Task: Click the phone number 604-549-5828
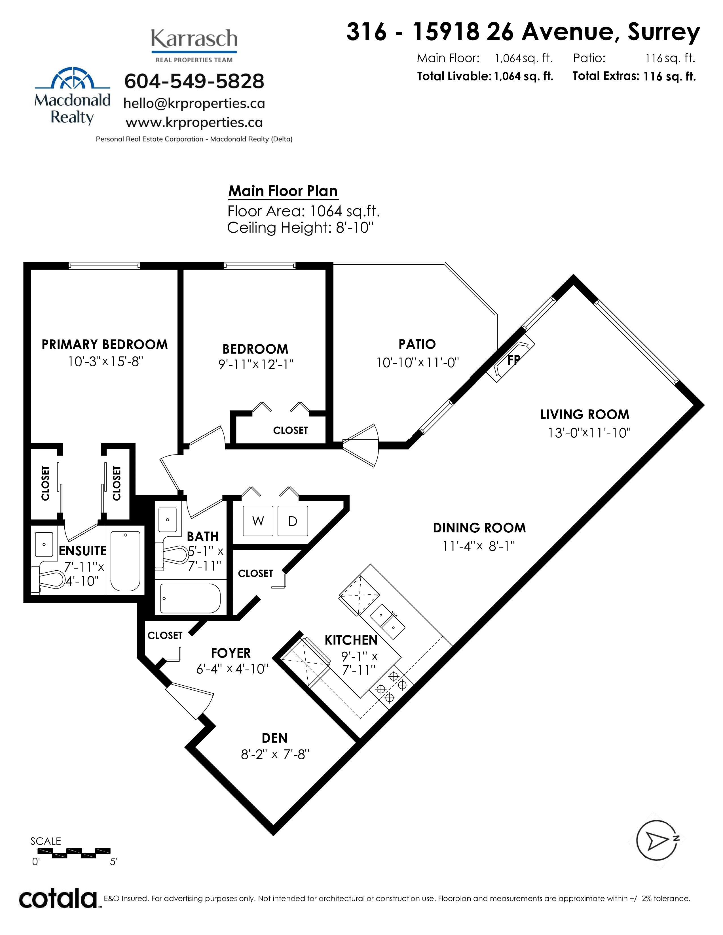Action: click(194, 81)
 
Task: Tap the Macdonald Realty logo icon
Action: click(72, 78)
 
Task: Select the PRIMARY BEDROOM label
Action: click(105, 345)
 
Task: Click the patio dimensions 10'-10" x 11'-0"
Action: click(417, 363)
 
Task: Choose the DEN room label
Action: click(274, 738)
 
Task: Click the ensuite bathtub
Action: click(125, 561)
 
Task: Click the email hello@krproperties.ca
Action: click(194, 104)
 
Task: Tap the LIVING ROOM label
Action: click(585, 415)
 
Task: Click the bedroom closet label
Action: click(290, 430)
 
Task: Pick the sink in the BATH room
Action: click(168, 520)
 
